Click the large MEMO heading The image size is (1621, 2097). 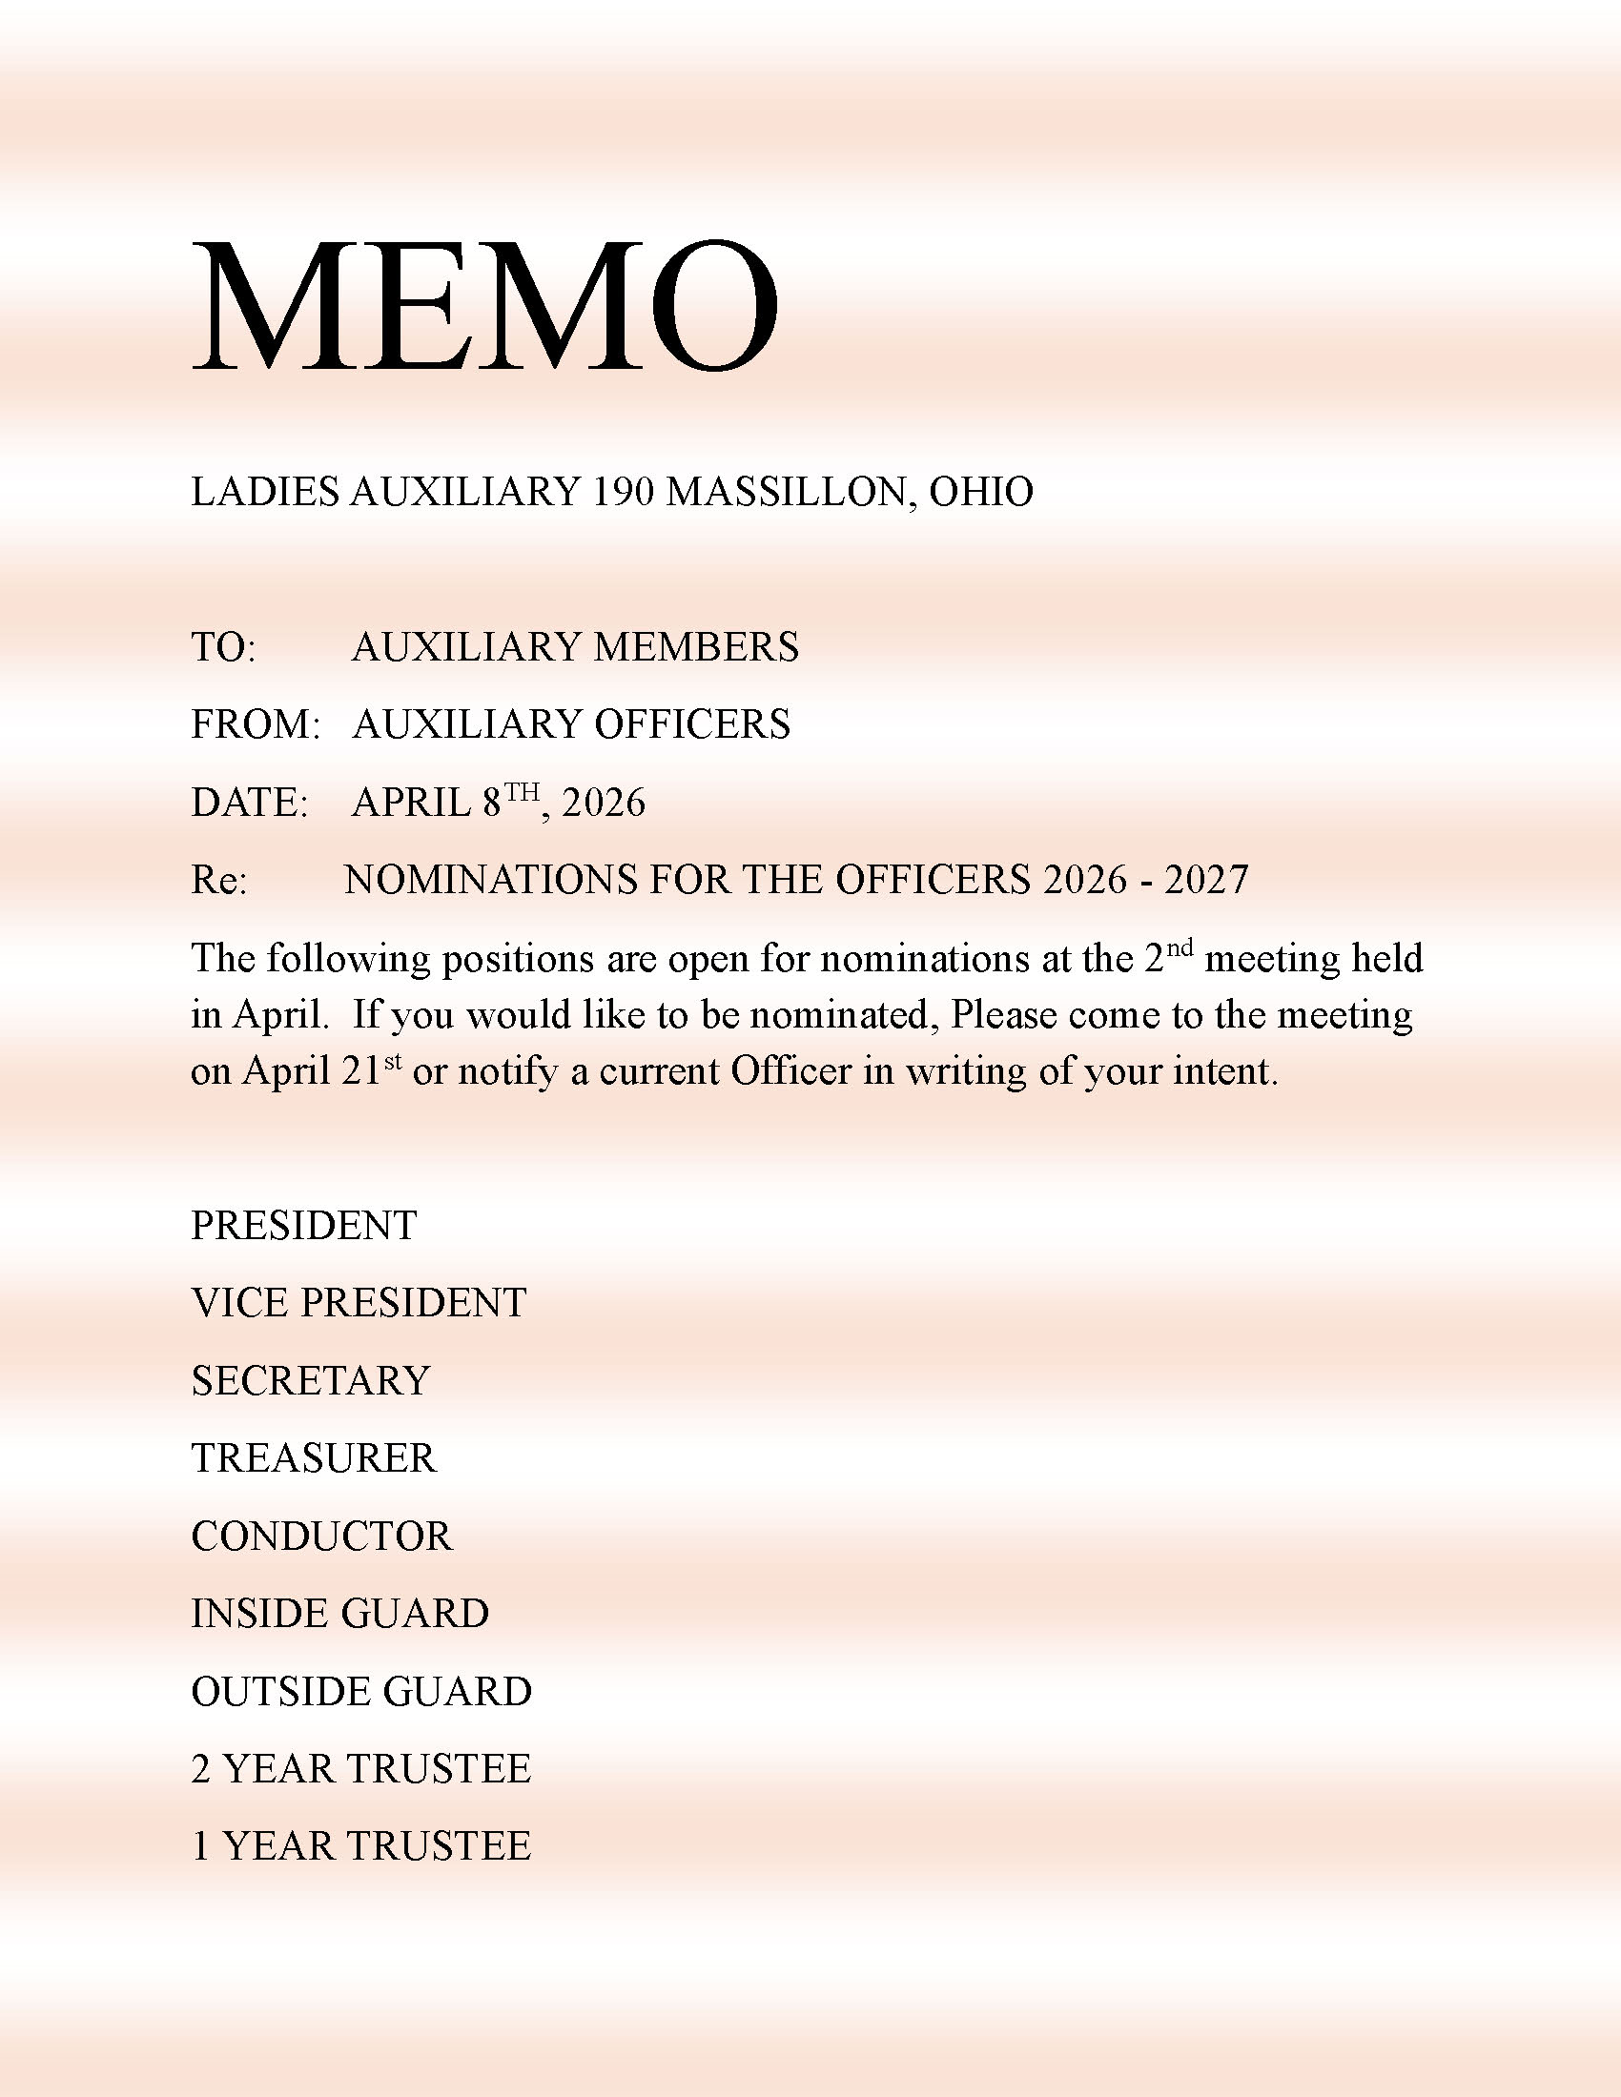[x=485, y=307]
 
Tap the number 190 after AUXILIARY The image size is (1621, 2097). [x=625, y=492]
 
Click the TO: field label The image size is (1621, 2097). [x=223, y=647]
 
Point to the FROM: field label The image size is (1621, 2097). [x=255, y=725]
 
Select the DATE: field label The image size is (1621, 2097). [x=249, y=803]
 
